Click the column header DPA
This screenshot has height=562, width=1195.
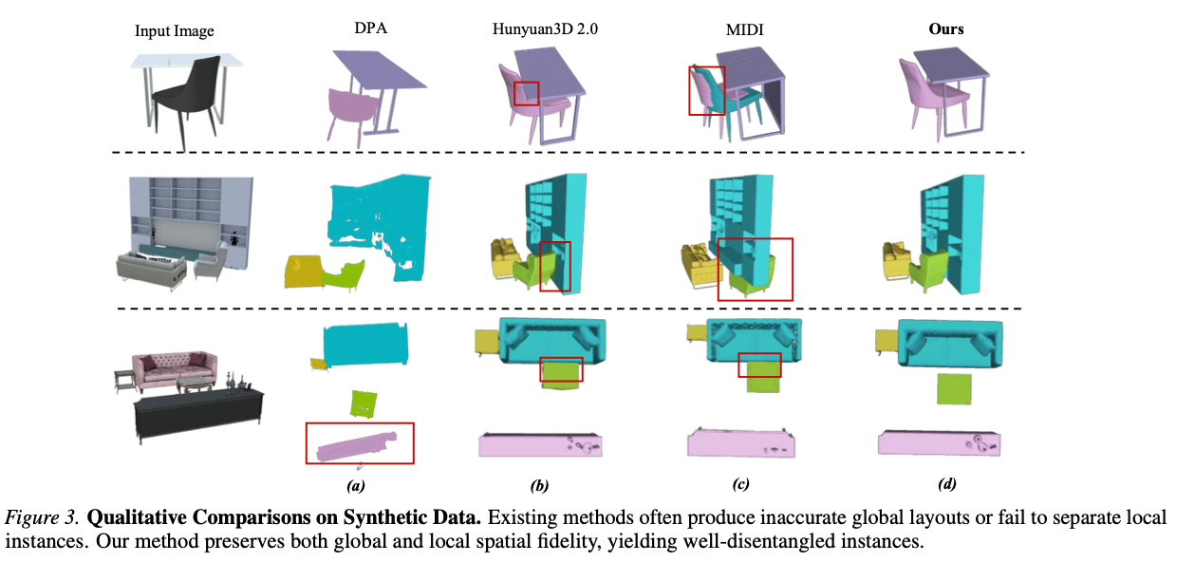click(x=370, y=28)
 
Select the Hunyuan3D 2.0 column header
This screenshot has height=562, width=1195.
click(x=545, y=28)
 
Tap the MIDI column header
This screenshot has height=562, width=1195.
click(x=744, y=29)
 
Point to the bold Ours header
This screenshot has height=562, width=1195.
click(x=946, y=28)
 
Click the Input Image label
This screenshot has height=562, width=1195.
click(x=174, y=31)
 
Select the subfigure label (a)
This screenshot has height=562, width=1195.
click(x=356, y=486)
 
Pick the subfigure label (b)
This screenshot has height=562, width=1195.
click(x=539, y=486)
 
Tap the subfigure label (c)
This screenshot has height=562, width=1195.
click(x=740, y=484)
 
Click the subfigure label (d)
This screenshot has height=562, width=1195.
click(x=947, y=484)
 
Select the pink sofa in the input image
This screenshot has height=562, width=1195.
click(x=175, y=370)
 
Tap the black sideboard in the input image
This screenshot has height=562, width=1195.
click(x=198, y=414)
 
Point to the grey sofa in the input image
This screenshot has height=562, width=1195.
click(x=152, y=270)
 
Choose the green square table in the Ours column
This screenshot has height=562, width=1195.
click(x=954, y=388)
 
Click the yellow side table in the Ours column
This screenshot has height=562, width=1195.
click(x=887, y=342)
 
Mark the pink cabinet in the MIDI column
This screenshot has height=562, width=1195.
click(x=740, y=443)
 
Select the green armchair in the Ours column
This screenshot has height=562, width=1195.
click(x=928, y=270)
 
